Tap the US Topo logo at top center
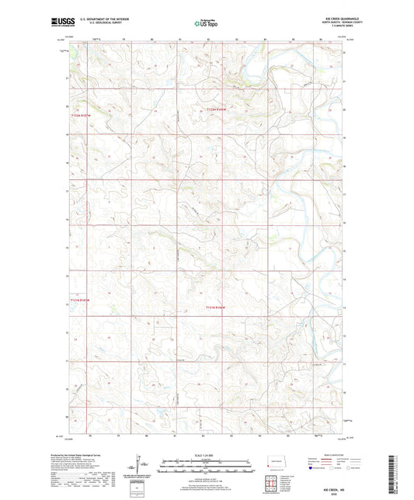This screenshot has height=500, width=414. click(207, 23)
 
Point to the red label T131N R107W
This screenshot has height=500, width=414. click(80, 298)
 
